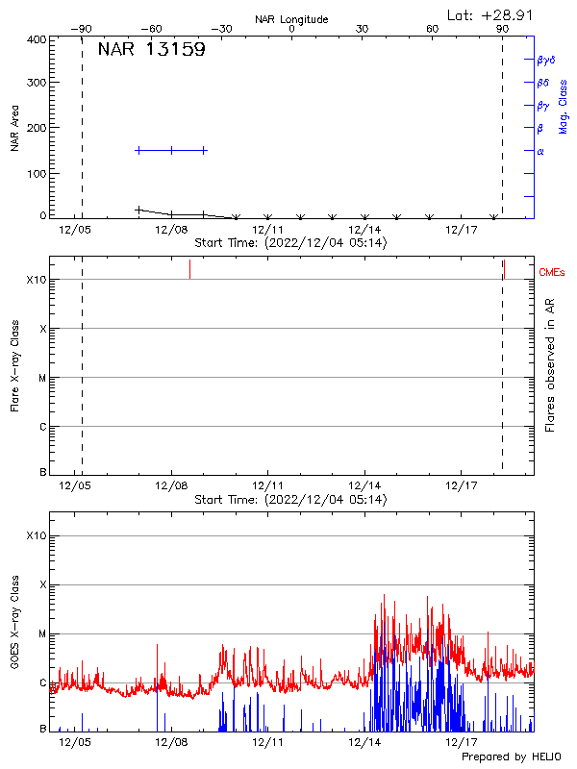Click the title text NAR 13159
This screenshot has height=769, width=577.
coord(151,51)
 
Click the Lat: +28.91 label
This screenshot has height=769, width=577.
coord(491,14)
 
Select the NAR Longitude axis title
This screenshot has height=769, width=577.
coord(291,19)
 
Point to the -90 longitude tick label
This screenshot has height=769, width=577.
coord(84,30)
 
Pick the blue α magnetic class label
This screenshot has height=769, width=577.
coord(540,151)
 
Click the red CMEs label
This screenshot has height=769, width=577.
coord(553,274)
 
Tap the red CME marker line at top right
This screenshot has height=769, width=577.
coord(504,268)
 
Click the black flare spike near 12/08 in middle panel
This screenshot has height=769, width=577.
coord(189,270)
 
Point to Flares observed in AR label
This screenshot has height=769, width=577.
coord(550,364)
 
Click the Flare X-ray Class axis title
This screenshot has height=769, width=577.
coord(15,364)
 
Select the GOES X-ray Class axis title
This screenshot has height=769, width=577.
coord(15,631)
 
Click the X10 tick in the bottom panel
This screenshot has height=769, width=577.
coord(37,535)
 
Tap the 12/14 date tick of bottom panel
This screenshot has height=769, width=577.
coord(364,742)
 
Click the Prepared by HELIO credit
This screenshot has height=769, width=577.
coord(513,757)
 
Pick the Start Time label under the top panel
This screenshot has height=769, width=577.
coord(290,242)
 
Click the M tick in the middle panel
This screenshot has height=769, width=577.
coord(41,378)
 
